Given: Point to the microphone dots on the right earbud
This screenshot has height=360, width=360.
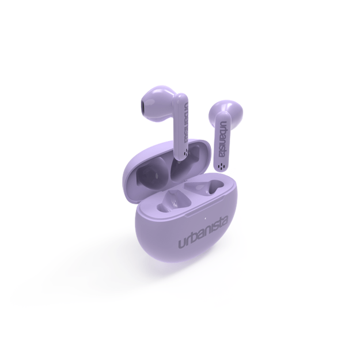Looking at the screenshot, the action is [x=221, y=166].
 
